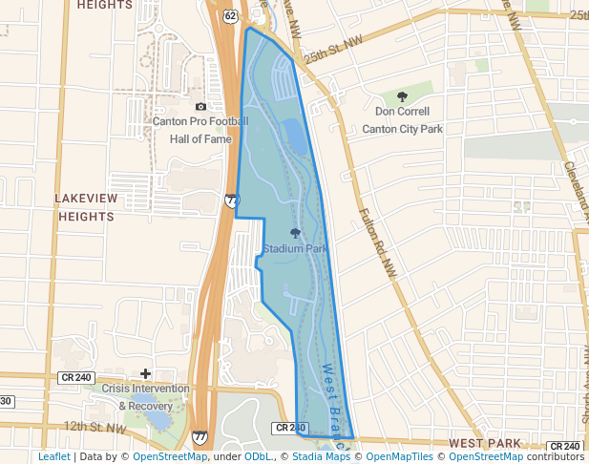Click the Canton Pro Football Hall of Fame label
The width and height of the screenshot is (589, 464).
point(200,130)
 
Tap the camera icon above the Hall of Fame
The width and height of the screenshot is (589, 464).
point(200,106)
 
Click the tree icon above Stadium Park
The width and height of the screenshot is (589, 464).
point(295,232)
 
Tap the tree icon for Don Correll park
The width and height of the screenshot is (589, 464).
point(402,95)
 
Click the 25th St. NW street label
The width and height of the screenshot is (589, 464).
point(335,43)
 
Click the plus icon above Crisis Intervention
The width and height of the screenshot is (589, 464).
point(145,373)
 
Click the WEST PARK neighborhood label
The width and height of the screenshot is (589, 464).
point(485,443)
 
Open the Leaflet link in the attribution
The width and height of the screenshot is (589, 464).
point(54,457)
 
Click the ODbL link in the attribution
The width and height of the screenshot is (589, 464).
point(258,457)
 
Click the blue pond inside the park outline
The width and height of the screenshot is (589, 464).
point(297,138)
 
